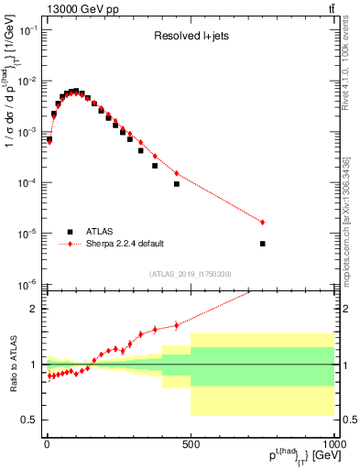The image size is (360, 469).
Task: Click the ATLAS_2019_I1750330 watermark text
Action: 190,274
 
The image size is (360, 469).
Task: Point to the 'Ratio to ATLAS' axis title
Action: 12,365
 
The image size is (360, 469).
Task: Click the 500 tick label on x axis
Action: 191,443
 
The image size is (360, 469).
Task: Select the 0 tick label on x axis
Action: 47,443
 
